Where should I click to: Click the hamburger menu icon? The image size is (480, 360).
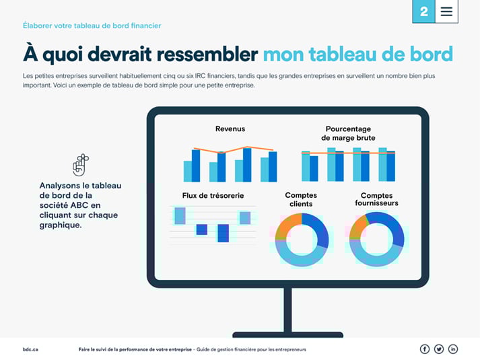point(446,11)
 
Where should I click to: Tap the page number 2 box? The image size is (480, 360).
point(423,11)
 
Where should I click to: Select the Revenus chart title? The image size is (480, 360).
point(230,129)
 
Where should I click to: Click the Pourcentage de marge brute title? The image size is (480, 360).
point(348,133)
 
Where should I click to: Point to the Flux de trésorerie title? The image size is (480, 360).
point(213,196)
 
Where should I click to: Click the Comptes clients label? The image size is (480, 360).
point(301,199)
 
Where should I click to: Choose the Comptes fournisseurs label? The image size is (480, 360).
point(376,199)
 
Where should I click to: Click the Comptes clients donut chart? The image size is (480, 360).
point(302,239)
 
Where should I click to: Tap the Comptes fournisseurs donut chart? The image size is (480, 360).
point(376,239)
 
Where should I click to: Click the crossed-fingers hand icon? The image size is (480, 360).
point(81,164)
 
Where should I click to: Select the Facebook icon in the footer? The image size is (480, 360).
point(425,349)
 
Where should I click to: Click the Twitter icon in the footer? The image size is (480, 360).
point(439,349)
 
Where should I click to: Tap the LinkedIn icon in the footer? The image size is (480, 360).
point(453,349)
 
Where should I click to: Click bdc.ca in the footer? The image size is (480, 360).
point(30,349)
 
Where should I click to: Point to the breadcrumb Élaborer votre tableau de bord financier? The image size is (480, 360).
point(92,26)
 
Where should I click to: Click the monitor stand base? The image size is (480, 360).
point(287,334)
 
